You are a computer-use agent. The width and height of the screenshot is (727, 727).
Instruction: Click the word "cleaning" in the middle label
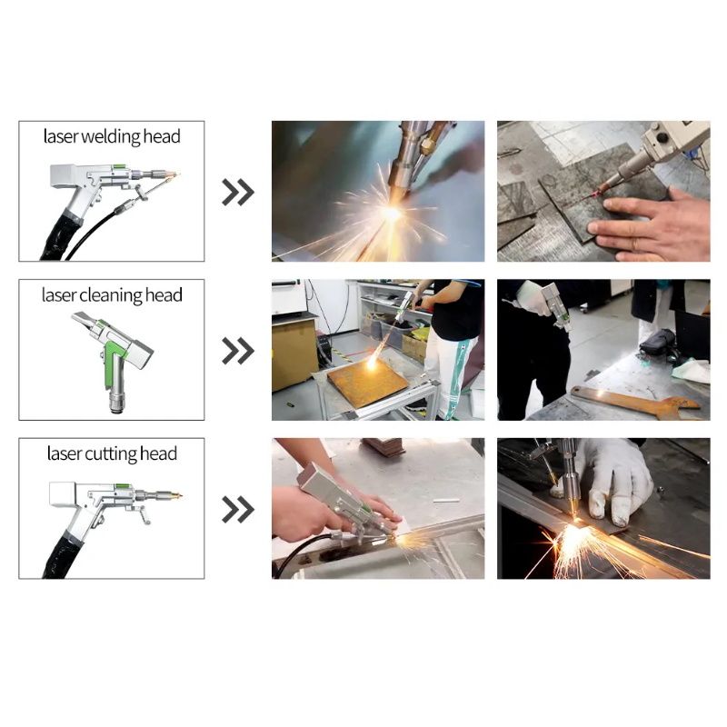(111, 296)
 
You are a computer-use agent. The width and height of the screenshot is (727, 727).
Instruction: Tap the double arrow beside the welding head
(238, 192)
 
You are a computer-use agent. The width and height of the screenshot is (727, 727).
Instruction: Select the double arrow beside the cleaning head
(238, 351)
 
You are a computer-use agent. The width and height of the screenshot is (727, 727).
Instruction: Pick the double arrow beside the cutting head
(238, 510)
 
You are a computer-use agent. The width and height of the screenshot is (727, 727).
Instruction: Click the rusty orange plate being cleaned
(368, 382)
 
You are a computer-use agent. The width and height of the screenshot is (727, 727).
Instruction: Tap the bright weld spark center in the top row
(392, 214)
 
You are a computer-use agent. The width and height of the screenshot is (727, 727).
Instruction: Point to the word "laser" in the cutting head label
(64, 453)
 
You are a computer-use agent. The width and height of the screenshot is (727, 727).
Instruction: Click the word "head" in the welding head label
(162, 136)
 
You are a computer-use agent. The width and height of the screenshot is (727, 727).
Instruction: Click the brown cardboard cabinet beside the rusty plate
(294, 354)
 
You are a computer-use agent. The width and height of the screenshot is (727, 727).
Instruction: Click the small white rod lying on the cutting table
(446, 501)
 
